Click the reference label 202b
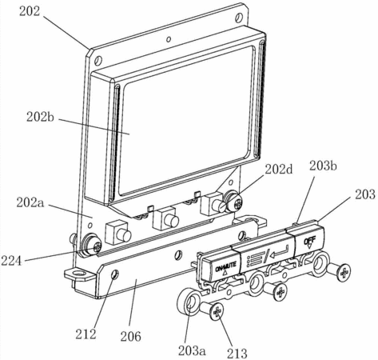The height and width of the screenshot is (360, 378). click(x=40, y=117)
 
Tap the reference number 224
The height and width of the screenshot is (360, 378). click(x=11, y=261)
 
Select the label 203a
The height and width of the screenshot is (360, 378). click(x=192, y=350)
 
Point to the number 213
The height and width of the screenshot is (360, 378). click(x=237, y=353)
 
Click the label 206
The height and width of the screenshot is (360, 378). click(x=130, y=336)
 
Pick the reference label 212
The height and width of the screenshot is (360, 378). click(x=86, y=334)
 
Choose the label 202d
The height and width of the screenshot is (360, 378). click(x=279, y=169)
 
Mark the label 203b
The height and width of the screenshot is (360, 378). click(x=323, y=166)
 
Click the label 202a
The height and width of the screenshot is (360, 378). click(x=30, y=202)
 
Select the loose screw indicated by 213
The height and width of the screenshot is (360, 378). click(x=213, y=310)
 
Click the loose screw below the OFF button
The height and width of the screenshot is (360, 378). click(x=339, y=272)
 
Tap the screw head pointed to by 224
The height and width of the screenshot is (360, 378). click(x=92, y=244)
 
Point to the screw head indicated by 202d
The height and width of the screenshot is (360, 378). click(x=233, y=201)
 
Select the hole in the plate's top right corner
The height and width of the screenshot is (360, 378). click(x=239, y=18)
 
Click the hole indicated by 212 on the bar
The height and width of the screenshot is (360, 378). click(x=115, y=274)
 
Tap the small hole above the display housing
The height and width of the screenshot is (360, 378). click(x=169, y=39)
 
